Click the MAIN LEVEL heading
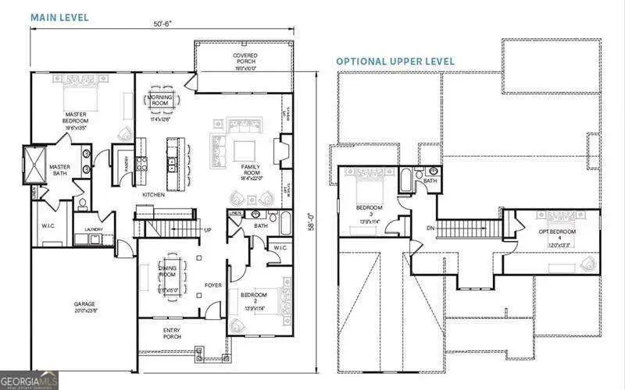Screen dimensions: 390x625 pos(59,17)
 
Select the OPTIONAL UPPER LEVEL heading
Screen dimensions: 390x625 pos(395,61)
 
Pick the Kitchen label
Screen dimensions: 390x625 pos(152,194)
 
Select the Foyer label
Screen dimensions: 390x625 pos(213,285)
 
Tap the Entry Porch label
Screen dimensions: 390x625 pos(173,332)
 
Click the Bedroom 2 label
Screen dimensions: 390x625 pos(253,298)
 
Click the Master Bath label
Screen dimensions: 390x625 pos(61,170)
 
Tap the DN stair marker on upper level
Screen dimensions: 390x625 pos(430,228)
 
